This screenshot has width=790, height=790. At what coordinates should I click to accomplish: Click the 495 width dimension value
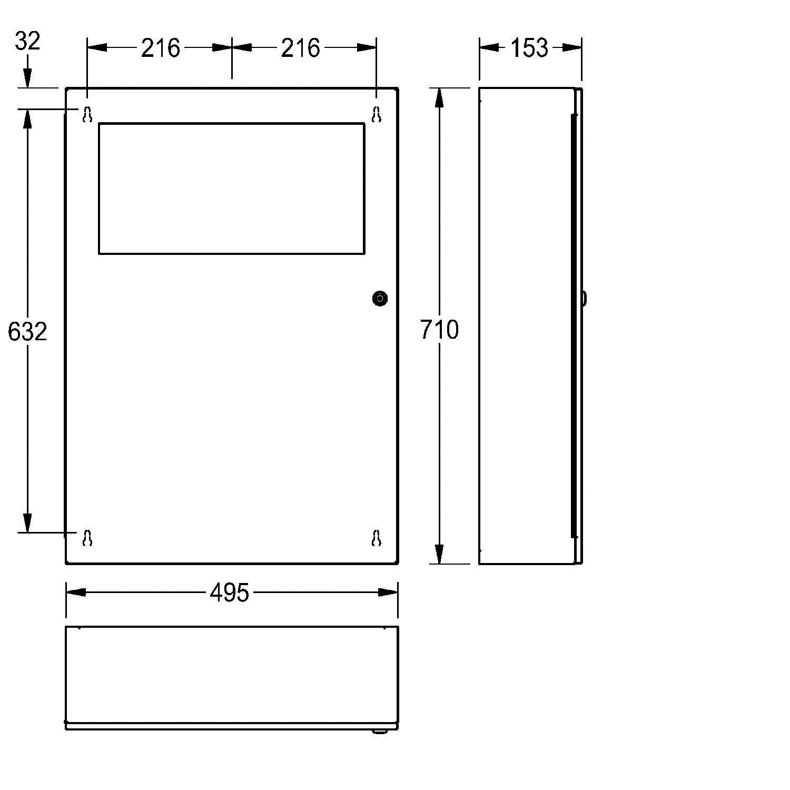229,593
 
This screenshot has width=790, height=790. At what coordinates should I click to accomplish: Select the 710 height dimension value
439,330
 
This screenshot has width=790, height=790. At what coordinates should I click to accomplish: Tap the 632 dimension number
27,331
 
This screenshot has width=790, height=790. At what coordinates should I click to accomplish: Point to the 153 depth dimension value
529,48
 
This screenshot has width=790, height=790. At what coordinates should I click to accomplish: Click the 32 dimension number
27,41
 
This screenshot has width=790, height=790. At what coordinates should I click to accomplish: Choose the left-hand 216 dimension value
161,48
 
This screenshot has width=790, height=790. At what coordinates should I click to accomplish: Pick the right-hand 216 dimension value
300,48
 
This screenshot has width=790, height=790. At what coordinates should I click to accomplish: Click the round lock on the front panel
379,299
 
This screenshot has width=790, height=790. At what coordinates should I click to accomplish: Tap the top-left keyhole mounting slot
87,114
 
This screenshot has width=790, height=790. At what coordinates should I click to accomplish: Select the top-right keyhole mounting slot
376,114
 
